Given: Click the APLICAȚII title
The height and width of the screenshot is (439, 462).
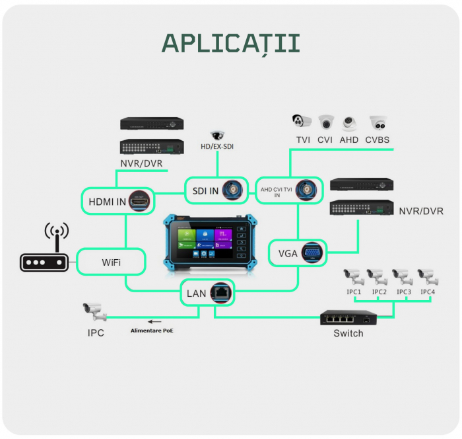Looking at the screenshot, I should (231, 43).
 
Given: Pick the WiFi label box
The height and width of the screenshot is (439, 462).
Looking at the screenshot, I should (111, 262).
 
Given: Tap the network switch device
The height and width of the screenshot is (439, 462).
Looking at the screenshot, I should (349, 318).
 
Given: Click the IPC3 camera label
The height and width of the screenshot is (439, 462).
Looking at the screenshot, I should (404, 292).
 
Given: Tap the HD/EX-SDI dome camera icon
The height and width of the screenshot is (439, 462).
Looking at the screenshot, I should (217, 135).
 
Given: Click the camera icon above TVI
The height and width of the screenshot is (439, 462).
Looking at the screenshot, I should (302, 122).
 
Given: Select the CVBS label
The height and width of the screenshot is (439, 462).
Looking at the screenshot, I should (378, 140).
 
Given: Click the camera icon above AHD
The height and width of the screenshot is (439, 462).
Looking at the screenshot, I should (349, 123).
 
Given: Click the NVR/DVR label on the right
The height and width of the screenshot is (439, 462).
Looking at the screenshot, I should (420, 212).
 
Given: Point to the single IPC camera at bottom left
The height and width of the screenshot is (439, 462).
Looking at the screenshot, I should (94, 311).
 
